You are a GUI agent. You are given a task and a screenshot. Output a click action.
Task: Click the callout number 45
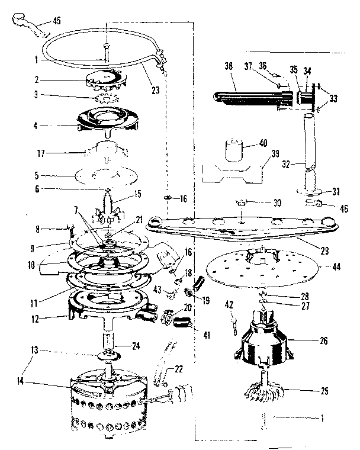(x=57, y=21)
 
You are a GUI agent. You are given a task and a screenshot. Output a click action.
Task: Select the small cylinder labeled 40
(x=236, y=150)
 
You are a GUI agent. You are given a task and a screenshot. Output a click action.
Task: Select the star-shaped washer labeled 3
(x=107, y=95)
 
